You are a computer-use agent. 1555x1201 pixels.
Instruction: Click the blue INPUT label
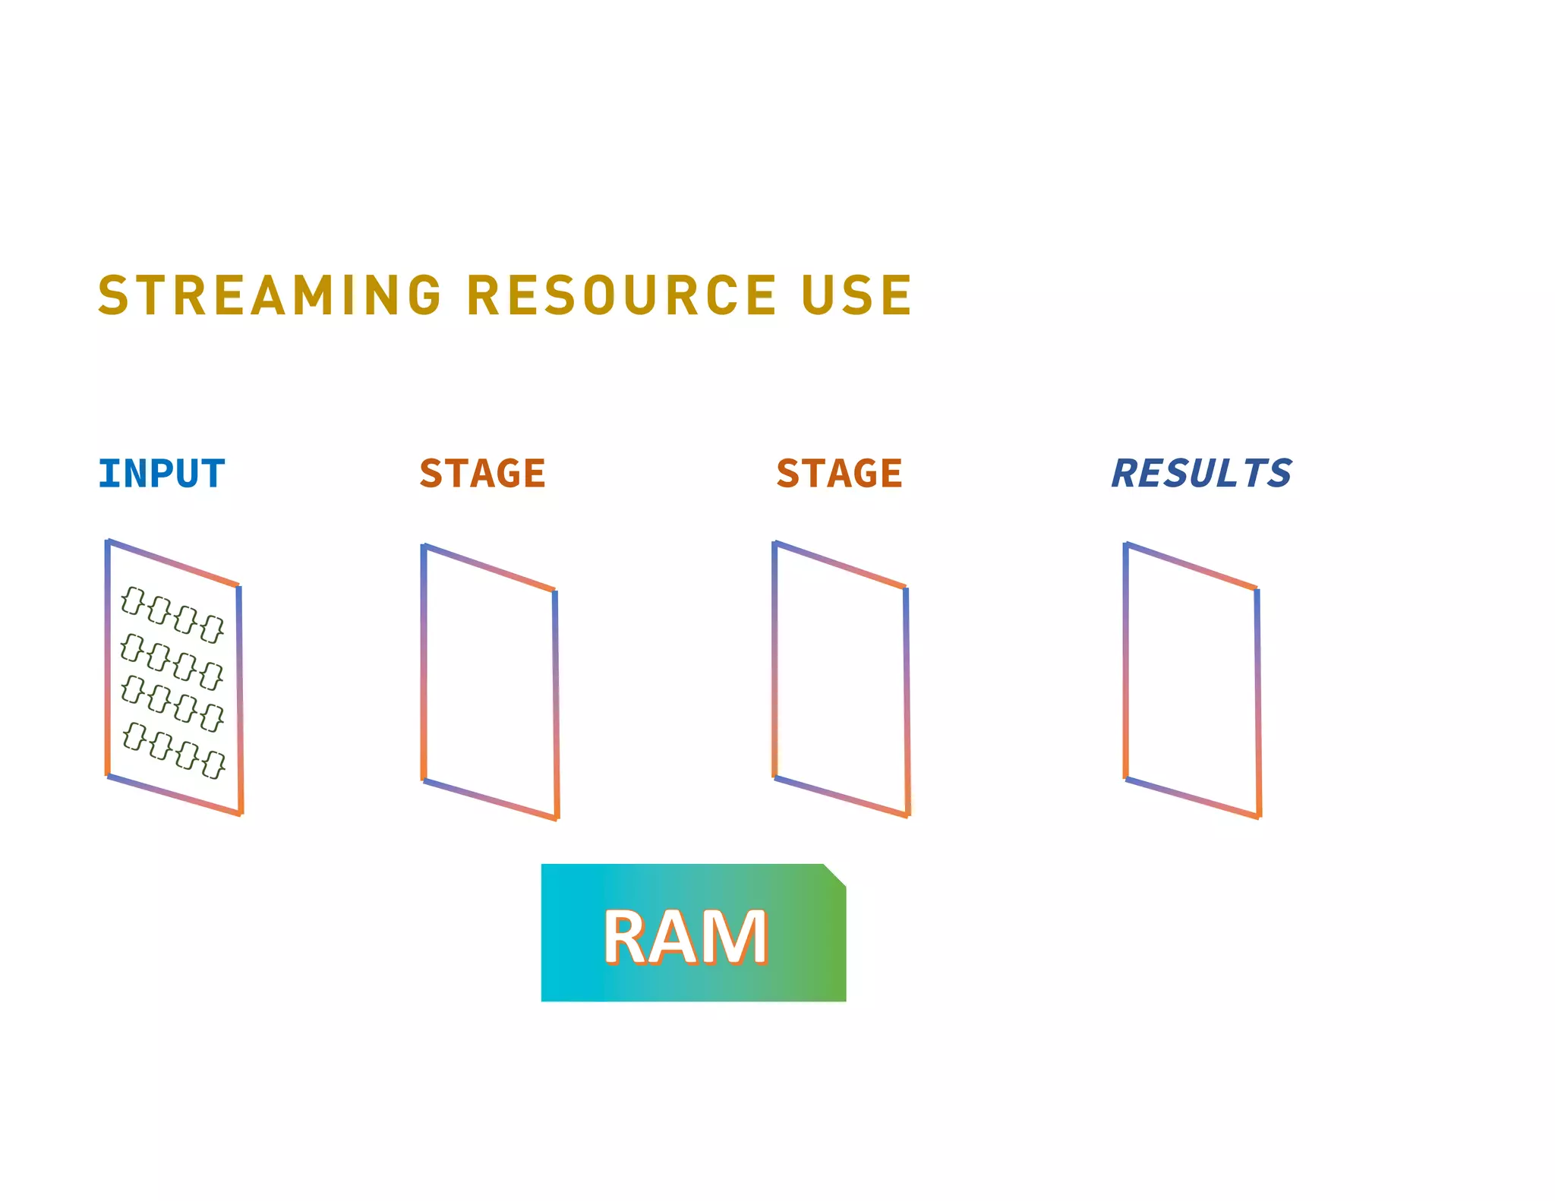(162, 474)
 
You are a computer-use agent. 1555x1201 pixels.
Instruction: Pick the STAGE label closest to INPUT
(482, 474)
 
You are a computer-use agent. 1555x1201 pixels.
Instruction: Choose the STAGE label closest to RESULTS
(839, 474)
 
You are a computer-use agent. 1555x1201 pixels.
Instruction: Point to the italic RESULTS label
(1201, 474)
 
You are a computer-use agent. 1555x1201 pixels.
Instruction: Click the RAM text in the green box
(685, 938)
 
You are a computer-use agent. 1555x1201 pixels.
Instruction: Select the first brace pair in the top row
(133, 600)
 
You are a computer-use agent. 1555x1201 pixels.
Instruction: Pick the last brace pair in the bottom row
(213, 764)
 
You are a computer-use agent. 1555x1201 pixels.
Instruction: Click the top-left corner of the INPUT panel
(108, 541)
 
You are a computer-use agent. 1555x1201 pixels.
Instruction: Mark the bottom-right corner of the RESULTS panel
(1259, 816)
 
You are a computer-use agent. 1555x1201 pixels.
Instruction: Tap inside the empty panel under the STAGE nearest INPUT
(490, 682)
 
